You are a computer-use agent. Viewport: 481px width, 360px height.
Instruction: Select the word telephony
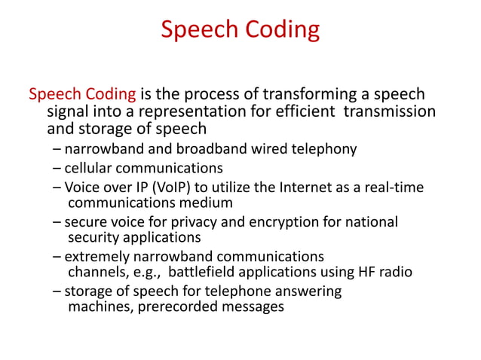pos(324,148)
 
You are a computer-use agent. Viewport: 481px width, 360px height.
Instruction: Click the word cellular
pos(90,167)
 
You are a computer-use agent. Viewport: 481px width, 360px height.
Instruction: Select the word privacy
pos(205,222)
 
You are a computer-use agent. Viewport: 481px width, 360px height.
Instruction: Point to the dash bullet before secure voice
pos(57,222)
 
